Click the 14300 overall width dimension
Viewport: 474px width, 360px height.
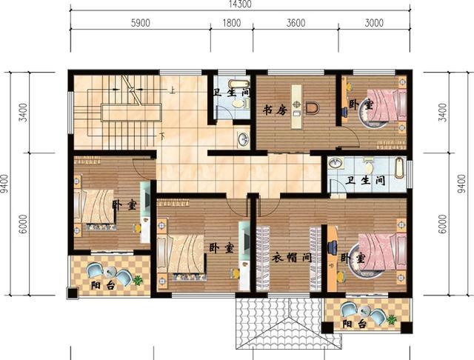[240, 4]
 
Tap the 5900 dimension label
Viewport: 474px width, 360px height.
[141, 23]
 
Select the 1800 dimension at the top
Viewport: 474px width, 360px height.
[232, 23]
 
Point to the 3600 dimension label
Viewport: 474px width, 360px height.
[296, 23]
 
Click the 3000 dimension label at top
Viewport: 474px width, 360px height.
[374, 23]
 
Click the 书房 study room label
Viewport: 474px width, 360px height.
[275, 110]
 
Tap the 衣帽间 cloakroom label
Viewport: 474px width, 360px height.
[292, 258]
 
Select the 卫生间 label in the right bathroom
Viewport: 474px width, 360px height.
[365, 181]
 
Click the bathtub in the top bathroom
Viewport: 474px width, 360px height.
[238, 84]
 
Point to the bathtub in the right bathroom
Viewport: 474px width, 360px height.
[400, 167]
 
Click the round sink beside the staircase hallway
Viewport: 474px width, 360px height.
[243, 139]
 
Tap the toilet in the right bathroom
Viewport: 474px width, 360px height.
[369, 165]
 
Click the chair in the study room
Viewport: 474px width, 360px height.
[313, 108]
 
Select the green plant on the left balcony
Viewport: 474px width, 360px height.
[138, 280]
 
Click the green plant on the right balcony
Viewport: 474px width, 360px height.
[392, 319]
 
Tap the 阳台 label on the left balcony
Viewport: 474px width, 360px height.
[103, 285]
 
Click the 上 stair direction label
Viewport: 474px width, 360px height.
[173, 90]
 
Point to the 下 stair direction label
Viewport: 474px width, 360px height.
[162, 136]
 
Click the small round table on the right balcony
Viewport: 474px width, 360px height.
[364, 310]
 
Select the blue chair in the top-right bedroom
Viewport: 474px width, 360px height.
[344, 111]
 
